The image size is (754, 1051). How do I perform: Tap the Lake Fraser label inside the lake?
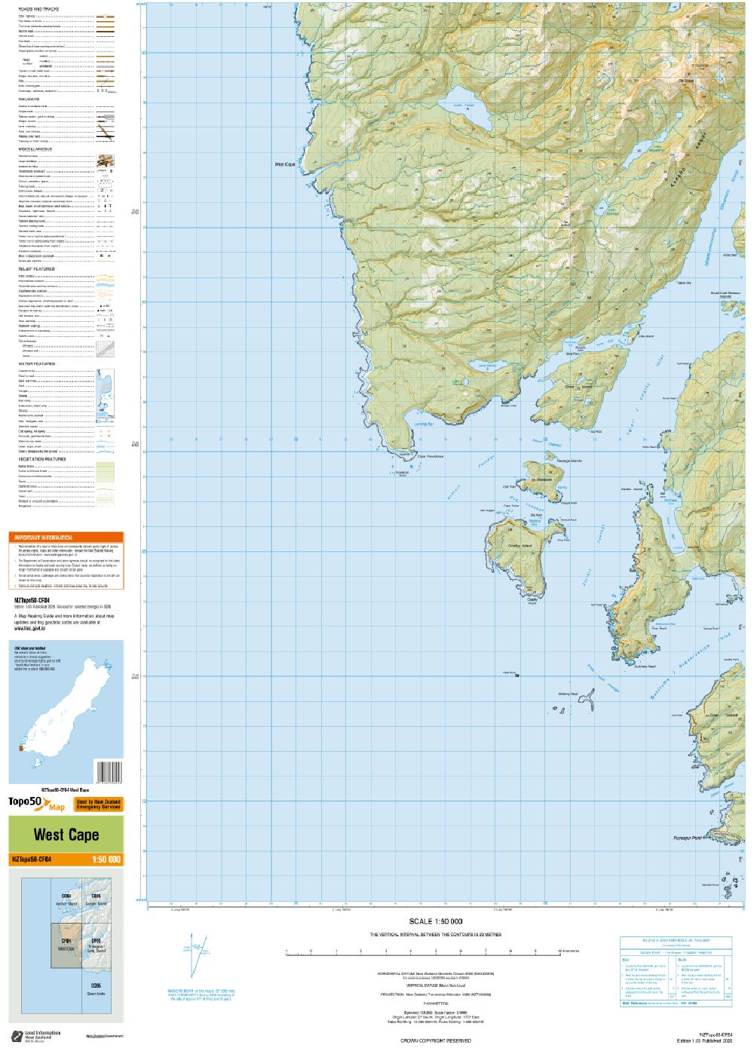coord(464,106)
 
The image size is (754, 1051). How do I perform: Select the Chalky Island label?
coord(520,545)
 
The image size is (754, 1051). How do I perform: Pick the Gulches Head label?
coord(645,666)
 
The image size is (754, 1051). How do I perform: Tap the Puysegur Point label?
coord(687,837)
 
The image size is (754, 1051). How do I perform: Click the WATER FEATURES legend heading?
coord(37,363)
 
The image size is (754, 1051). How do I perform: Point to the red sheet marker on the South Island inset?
coord(18,748)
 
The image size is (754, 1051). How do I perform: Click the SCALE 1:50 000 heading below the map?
coord(435,921)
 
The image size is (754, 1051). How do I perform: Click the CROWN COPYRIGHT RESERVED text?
coord(435,1040)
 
